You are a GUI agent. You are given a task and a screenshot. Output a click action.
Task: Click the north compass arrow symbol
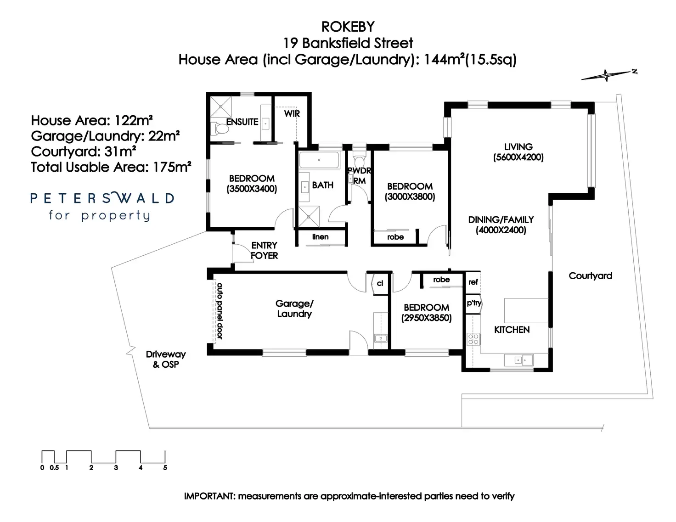point(606,75)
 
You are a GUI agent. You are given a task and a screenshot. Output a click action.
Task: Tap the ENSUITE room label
point(242,122)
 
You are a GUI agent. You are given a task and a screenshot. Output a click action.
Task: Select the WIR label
point(292,113)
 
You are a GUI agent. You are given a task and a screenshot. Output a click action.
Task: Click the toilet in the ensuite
point(221,129)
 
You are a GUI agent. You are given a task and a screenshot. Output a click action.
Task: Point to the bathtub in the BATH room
point(319,161)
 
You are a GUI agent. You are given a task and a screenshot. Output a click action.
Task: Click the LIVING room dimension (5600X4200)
point(518,157)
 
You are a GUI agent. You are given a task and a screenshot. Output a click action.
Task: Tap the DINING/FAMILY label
point(501,219)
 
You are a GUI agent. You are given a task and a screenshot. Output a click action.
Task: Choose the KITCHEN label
point(512,330)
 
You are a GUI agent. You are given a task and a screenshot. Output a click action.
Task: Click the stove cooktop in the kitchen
point(473,339)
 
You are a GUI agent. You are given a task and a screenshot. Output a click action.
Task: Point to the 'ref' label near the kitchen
point(473,282)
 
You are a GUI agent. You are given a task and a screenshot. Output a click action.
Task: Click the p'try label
point(473,303)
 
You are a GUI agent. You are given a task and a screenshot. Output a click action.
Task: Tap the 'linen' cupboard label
point(320,237)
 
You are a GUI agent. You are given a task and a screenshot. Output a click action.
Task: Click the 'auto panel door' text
point(220,311)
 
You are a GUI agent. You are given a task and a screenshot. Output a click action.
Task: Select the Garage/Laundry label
point(294,309)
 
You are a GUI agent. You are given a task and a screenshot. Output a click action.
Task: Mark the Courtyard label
point(590,276)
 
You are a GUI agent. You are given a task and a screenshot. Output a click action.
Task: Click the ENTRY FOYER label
point(264,251)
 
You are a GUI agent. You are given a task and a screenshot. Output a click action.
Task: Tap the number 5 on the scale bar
point(165,468)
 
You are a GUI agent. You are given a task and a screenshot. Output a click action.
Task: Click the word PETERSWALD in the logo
point(102,198)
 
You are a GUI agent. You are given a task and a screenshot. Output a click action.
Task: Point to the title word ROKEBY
point(347,27)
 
